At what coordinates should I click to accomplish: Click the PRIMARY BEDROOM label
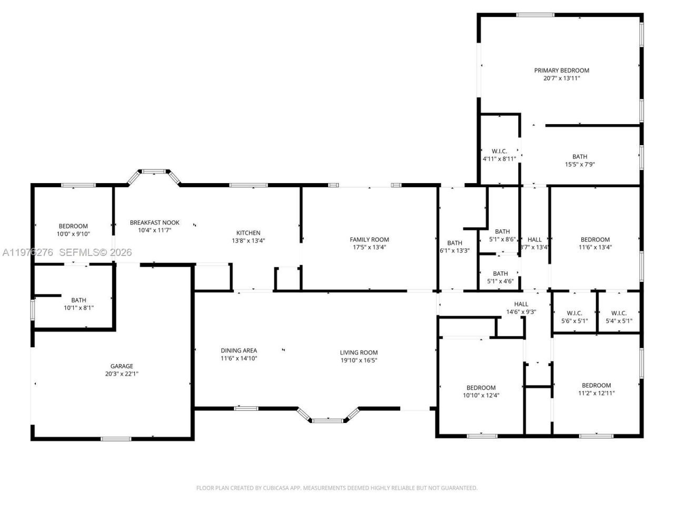click(561, 70)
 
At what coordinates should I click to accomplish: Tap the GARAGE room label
click(122, 366)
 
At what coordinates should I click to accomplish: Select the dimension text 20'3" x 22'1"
click(122, 374)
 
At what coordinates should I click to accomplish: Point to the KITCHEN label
click(248, 233)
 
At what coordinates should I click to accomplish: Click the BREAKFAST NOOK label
click(154, 223)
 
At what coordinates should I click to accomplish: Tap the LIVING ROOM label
click(358, 353)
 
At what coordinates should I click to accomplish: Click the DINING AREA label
click(239, 350)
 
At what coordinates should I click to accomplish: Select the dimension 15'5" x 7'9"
click(579, 164)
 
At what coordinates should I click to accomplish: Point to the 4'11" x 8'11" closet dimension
click(499, 159)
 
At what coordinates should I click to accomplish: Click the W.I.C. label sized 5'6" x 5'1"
click(574, 314)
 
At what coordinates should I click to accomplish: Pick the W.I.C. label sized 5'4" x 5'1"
click(619, 314)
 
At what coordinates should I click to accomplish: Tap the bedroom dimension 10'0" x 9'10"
click(73, 234)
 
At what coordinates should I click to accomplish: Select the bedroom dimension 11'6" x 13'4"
click(595, 247)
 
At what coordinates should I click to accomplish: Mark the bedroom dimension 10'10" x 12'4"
click(480, 396)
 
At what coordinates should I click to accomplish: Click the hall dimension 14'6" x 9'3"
click(521, 312)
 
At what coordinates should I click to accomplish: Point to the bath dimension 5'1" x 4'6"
click(500, 281)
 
